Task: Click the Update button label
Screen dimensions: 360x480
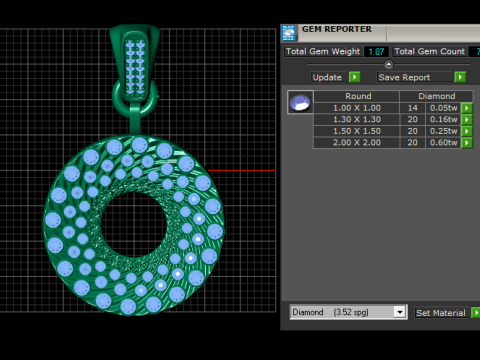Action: tap(327, 77)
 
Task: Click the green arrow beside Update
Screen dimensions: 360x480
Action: tap(355, 77)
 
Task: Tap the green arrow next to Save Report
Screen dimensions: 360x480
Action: tap(460, 77)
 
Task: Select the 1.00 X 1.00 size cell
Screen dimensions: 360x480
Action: tap(357, 108)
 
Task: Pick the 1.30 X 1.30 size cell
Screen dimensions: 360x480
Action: tap(357, 119)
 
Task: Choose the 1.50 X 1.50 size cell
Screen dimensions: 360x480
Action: tap(357, 131)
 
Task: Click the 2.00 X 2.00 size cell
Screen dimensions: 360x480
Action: tap(357, 143)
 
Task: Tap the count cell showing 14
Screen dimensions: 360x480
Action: tap(412, 108)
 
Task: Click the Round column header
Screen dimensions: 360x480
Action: tap(357, 97)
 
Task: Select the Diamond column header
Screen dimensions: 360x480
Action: tap(437, 97)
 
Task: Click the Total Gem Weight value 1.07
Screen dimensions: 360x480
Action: tap(376, 51)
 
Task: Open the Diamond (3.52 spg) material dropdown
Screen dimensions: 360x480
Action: tap(349, 312)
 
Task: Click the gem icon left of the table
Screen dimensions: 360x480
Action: tap(299, 102)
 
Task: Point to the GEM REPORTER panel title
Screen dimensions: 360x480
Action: tap(337, 29)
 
